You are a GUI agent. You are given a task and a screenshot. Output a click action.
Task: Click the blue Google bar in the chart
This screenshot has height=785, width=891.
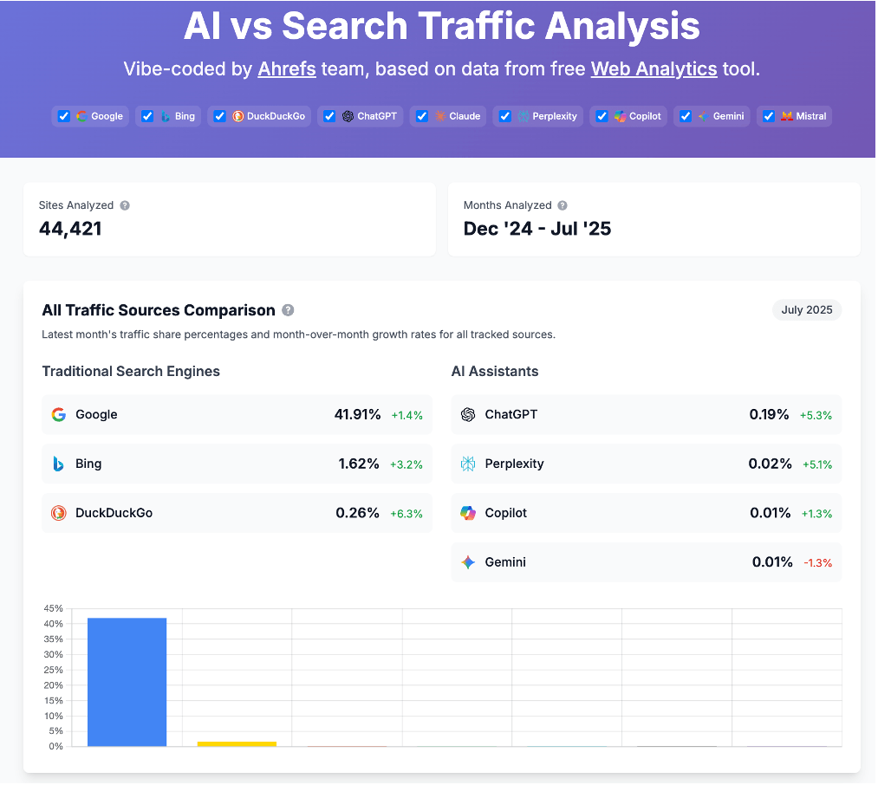127,681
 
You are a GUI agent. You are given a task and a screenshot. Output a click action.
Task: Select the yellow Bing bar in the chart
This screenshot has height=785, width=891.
237,743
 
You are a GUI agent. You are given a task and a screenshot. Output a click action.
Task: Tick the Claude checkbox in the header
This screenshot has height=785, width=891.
422,116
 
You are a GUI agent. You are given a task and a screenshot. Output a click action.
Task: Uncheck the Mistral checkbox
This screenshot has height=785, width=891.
768,116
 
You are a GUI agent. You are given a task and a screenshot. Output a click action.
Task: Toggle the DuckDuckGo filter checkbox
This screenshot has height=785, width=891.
219,116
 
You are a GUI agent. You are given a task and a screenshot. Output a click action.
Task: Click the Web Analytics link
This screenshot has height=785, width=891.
654,69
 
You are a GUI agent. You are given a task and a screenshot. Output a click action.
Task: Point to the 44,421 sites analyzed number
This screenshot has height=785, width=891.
70,229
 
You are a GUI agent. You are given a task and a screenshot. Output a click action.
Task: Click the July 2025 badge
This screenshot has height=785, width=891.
806,310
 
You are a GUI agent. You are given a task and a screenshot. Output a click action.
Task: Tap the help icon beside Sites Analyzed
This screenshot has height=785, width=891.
125,205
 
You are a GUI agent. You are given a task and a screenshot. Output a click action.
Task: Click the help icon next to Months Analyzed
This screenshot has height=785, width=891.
563,205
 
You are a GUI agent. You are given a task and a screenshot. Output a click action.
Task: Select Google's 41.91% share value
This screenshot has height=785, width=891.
357,414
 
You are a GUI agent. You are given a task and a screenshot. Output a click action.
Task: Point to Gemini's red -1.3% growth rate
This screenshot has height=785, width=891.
817,562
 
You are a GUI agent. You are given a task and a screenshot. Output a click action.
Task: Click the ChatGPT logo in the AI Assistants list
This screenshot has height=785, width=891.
468,414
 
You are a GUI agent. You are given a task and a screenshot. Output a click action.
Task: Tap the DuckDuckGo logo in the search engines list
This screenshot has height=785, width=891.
58,513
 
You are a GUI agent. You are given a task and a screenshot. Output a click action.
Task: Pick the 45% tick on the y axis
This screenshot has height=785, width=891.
53,608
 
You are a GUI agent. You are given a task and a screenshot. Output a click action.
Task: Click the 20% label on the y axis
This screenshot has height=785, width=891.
53,685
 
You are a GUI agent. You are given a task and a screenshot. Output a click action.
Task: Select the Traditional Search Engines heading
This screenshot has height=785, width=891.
131,371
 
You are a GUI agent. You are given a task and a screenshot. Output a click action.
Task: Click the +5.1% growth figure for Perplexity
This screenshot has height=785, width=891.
816,464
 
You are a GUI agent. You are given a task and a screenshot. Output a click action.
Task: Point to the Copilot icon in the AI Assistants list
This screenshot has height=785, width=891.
468,513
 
